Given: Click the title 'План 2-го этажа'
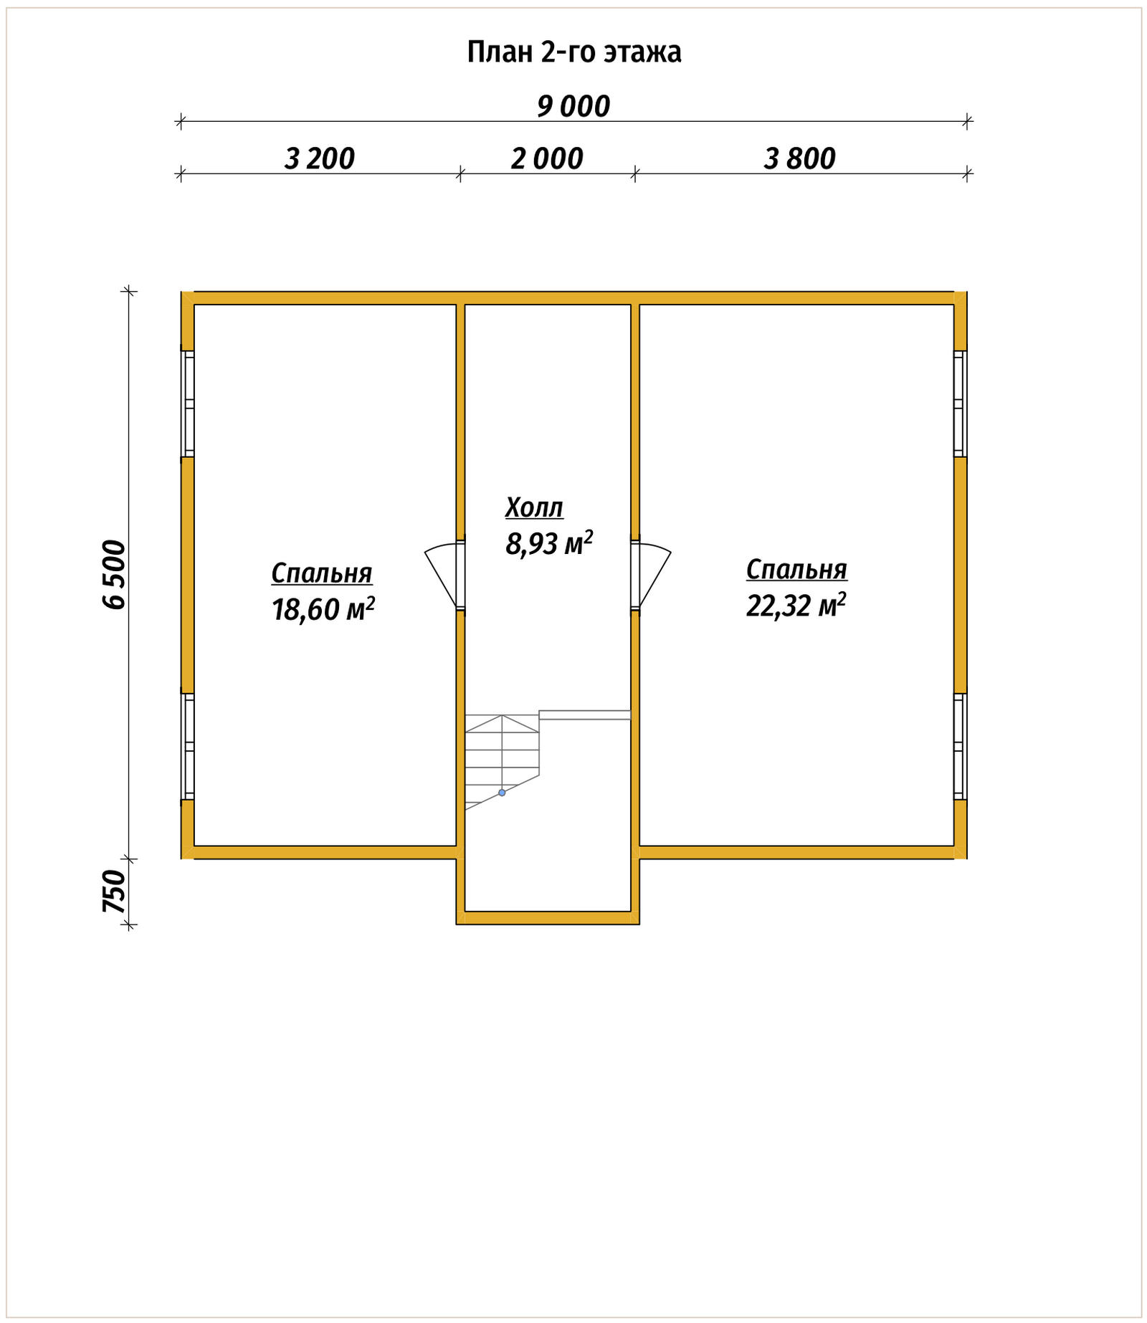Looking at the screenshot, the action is pos(574,52).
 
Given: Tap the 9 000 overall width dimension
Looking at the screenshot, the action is pos(573,107).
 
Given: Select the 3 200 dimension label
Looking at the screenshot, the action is pos(320,158).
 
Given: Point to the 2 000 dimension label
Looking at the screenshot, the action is pos(547,158).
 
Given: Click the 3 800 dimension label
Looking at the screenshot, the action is pos(799,158).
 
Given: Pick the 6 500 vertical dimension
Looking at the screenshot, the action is pos(114,575).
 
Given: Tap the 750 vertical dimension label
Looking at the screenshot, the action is pos(114,892).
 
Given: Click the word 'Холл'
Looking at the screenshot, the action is pos(534,507).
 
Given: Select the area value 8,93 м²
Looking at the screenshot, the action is pos(549,543).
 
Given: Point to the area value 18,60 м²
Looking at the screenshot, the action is pos(323,609).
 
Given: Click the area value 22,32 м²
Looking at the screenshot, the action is pos(796,605).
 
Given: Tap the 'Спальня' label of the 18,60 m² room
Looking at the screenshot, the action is pos(322,573).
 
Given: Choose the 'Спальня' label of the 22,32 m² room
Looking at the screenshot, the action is pos(796,569).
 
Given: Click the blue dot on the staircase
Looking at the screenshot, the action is pos(502,793).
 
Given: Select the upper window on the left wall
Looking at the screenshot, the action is pos(188,403).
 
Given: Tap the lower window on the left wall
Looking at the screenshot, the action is pos(188,746).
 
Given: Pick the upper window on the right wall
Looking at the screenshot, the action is pos(960,403).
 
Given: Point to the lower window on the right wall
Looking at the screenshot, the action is pos(960,746).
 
